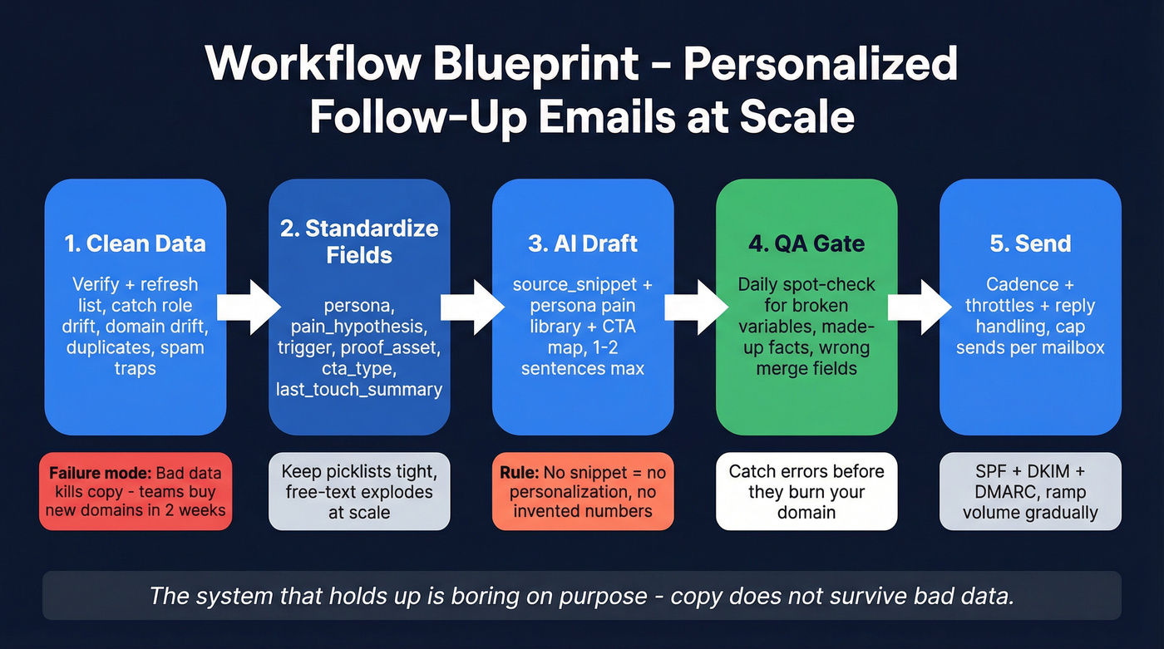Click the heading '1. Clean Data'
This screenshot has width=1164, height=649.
tap(135, 243)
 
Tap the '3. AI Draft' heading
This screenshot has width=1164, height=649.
tap(582, 243)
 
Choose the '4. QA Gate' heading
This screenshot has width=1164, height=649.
tap(806, 243)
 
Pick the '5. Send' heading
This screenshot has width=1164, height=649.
tap(1030, 243)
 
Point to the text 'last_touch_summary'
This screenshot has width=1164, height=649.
tap(359, 389)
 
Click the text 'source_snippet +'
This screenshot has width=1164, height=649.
tap(582, 285)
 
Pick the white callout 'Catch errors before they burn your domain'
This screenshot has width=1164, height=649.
tap(806, 491)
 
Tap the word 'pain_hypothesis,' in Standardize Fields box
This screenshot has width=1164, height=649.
tap(359, 327)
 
